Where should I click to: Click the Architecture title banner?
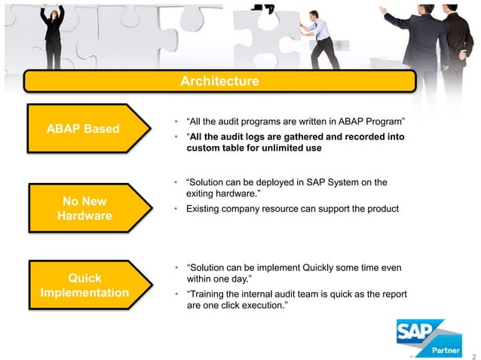click(x=219, y=81)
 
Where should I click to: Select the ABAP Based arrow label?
click(x=83, y=128)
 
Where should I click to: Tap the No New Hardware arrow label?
click(x=83, y=209)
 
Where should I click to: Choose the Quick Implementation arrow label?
click(x=83, y=284)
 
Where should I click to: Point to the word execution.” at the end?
click(x=268, y=307)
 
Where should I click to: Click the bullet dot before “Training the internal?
click(x=176, y=294)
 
